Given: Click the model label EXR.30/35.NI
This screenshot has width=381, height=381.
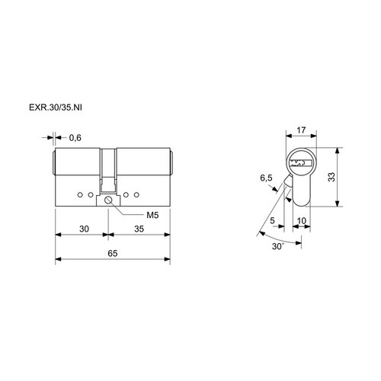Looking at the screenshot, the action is (x=56, y=107).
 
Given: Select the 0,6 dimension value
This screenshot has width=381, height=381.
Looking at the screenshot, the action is (x=75, y=138).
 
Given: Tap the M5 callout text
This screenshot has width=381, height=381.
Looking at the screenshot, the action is (x=152, y=215).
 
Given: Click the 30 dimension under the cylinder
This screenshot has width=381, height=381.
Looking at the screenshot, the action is (x=84, y=229).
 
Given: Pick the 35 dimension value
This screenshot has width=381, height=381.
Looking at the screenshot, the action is (x=139, y=229).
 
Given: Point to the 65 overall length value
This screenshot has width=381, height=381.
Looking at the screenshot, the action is (x=113, y=253).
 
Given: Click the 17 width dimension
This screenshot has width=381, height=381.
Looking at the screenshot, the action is (x=301, y=130).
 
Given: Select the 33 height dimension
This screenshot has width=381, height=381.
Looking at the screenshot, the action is (x=331, y=177).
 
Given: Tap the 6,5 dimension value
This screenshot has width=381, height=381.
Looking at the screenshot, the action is (x=266, y=178).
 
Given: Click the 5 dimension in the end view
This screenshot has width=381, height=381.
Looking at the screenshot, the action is (x=272, y=220).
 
